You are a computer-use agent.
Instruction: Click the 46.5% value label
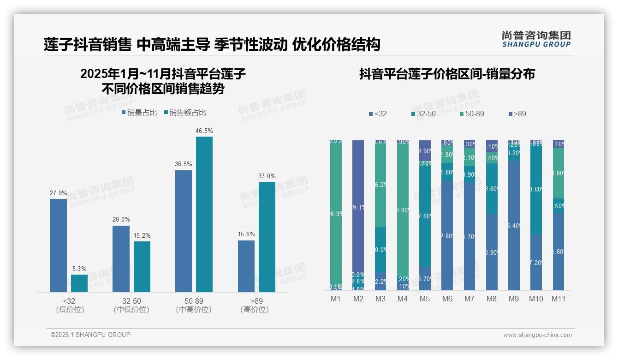(x=204, y=131)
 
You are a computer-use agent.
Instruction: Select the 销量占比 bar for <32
(x=59, y=245)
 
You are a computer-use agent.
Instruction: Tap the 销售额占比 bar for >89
(x=267, y=237)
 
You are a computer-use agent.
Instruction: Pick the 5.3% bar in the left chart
(x=79, y=283)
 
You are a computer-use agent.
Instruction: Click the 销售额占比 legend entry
(x=185, y=113)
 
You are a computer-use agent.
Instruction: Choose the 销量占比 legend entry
(x=139, y=113)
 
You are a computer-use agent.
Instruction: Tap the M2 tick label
(x=358, y=299)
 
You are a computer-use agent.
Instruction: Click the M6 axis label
(x=447, y=299)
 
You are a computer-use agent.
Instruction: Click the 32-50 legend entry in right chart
(x=423, y=114)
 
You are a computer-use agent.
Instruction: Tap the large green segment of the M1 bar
(x=336, y=212)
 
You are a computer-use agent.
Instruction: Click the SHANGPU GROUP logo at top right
(x=536, y=39)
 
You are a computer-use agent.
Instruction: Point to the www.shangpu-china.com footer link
(x=537, y=335)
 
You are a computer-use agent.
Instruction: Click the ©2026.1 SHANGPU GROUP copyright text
(x=90, y=335)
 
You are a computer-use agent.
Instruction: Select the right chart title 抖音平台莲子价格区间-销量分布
(x=447, y=74)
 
